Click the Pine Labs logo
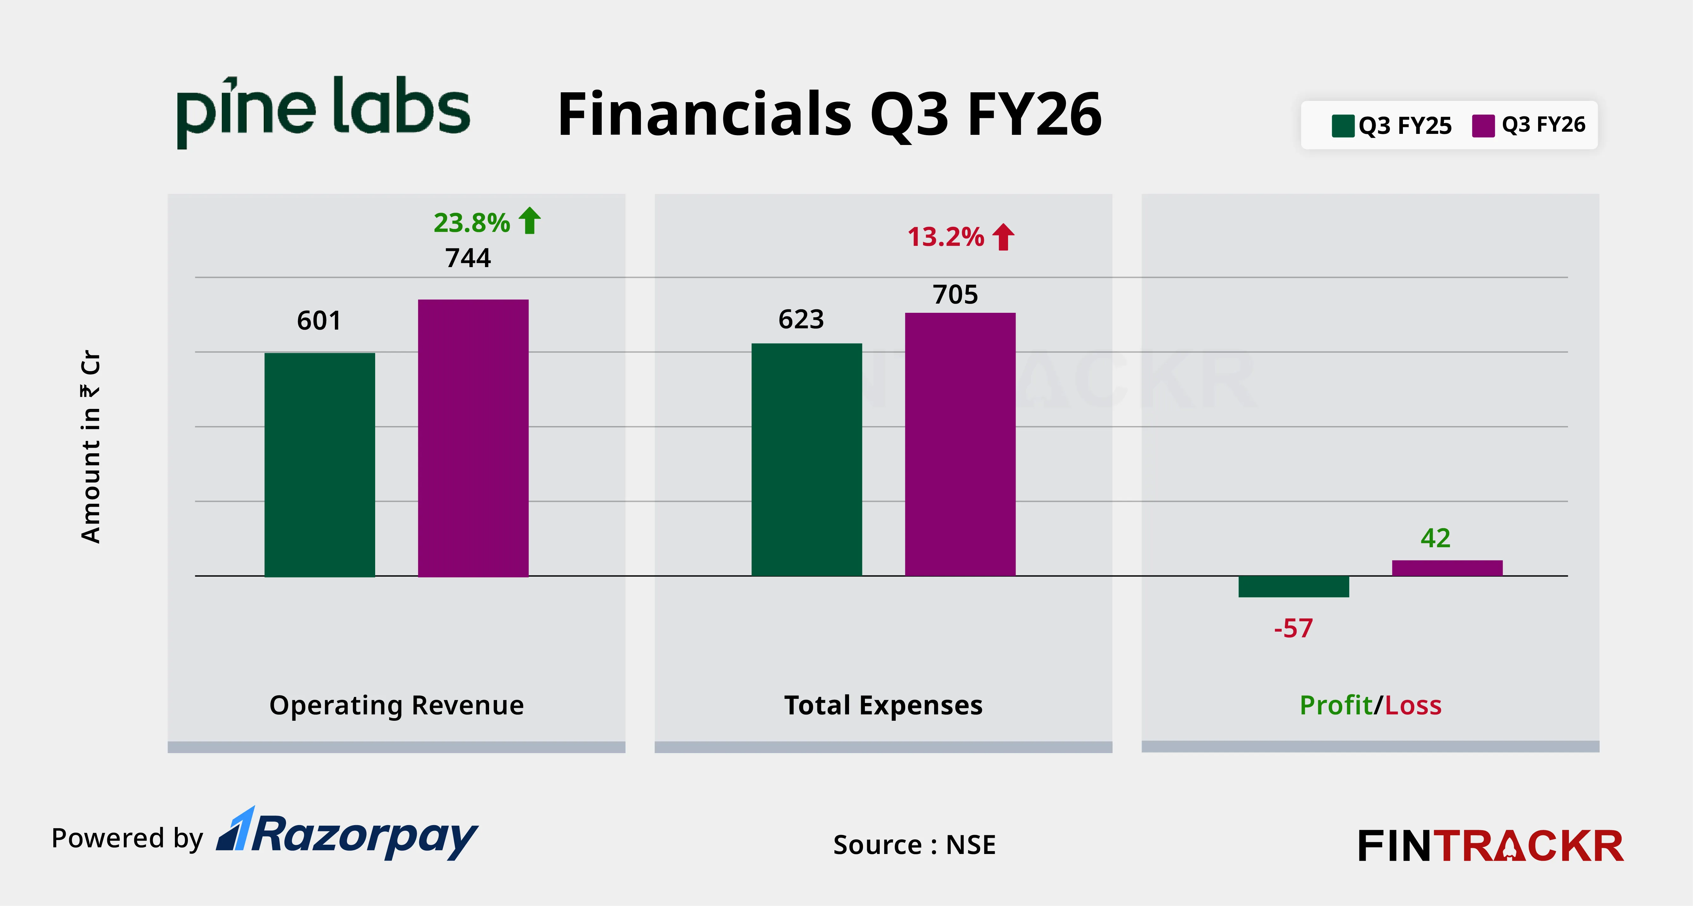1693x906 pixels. (x=323, y=110)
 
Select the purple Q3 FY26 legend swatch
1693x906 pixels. (x=1483, y=126)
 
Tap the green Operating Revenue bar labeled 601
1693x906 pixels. (x=319, y=464)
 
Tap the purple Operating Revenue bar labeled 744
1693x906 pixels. (x=473, y=438)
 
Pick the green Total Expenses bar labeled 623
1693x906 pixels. (x=807, y=460)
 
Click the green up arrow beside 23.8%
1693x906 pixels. (x=530, y=221)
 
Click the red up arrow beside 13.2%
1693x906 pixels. (x=1004, y=237)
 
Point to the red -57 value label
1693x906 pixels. (x=1293, y=629)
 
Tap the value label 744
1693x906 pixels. (x=468, y=258)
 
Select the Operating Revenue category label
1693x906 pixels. (x=396, y=705)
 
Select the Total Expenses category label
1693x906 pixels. (x=883, y=705)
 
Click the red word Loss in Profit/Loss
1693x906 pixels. (x=1413, y=705)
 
